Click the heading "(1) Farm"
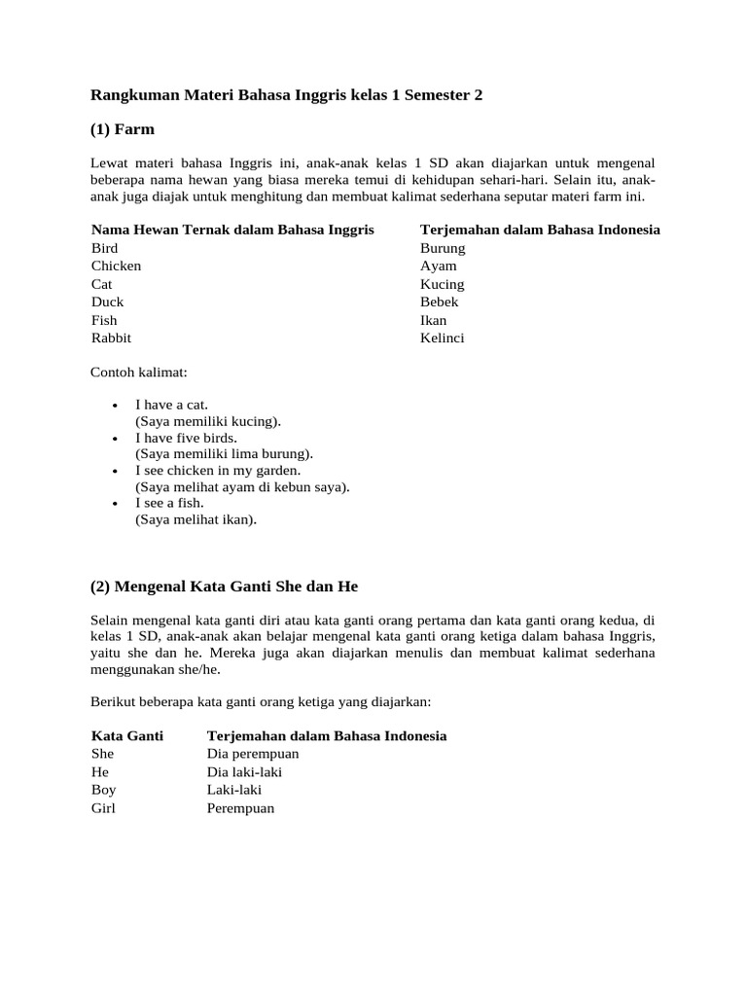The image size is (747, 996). [x=123, y=129]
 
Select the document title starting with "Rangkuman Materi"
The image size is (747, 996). [x=286, y=95]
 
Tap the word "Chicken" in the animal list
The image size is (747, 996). [x=117, y=266]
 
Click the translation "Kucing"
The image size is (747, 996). [x=443, y=284]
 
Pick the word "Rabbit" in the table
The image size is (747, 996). [x=112, y=338]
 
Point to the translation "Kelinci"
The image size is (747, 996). [x=443, y=338]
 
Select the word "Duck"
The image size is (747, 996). [x=108, y=302]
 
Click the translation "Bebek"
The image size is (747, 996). [x=440, y=302]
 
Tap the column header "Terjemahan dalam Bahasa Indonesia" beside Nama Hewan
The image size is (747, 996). [x=540, y=230]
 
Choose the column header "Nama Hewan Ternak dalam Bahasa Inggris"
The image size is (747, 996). [x=232, y=230]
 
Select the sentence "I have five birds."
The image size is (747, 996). [x=187, y=438]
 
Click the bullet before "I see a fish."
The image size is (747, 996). [x=115, y=503]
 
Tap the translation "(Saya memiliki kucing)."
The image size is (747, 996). [x=208, y=421]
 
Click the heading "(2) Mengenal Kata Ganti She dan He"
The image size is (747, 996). [x=225, y=587]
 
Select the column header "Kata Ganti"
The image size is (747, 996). [x=127, y=735]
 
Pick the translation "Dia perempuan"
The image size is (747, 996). [x=253, y=754]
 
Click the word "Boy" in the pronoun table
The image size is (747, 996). [x=104, y=790]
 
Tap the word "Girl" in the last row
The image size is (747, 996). [x=103, y=807]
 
